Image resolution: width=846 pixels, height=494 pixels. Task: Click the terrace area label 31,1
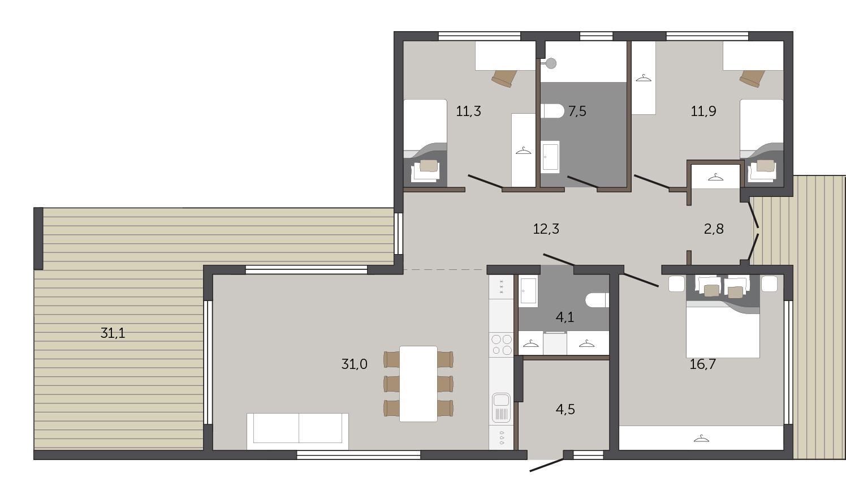(113, 333)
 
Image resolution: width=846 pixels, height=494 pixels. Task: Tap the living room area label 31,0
(354, 364)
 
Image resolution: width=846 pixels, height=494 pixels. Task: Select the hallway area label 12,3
(546, 229)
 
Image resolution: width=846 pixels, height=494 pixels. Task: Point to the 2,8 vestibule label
(714, 229)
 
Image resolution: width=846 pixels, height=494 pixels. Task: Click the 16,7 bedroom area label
(703, 364)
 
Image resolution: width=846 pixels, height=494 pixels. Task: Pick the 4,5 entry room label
(566, 409)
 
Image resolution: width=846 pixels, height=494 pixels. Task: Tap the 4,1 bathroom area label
(565, 317)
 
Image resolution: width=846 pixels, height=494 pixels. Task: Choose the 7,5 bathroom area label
(577, 111)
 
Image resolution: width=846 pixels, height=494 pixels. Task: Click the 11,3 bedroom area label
(469, 111)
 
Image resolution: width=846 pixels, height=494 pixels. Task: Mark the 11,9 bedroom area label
(703, 111)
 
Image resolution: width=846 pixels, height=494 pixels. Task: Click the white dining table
(418, 384)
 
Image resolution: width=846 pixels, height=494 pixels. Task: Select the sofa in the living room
(297, 431)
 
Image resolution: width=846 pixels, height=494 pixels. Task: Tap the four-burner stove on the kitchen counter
(502, 345)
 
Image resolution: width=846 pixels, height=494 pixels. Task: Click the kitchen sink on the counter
(502, 407)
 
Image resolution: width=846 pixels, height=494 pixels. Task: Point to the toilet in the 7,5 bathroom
(552, 111)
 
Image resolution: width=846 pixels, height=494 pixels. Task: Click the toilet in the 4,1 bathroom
(597, 300)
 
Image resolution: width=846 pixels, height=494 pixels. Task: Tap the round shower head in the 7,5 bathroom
(551, 63)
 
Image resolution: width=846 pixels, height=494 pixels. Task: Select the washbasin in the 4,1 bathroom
(528, 291)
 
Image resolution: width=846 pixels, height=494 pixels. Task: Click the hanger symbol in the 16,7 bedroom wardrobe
(701, 439)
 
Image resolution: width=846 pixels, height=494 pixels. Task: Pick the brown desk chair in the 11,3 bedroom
(504, 78)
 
